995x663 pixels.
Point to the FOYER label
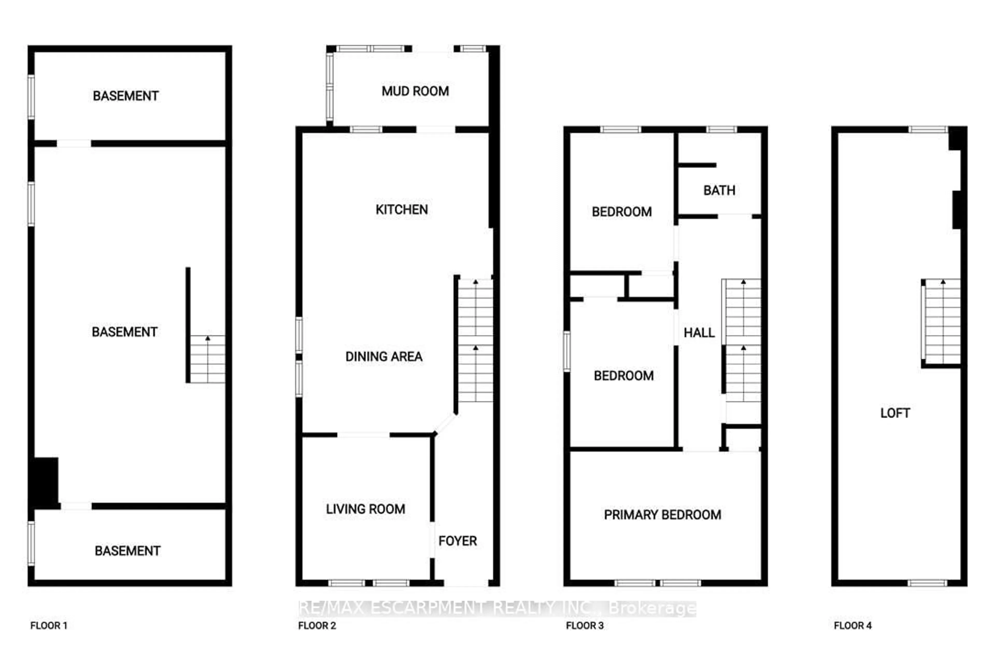[457, 541]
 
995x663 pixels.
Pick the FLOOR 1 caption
[49, 626]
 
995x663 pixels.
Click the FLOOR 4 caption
[852, 626]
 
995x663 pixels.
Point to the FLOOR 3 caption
[585, 626]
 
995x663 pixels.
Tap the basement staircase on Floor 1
[207, 359]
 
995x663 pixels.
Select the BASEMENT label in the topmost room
[126, 96]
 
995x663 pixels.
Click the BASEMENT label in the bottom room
[127, 551]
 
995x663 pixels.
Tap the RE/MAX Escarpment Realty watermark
[497, 608]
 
